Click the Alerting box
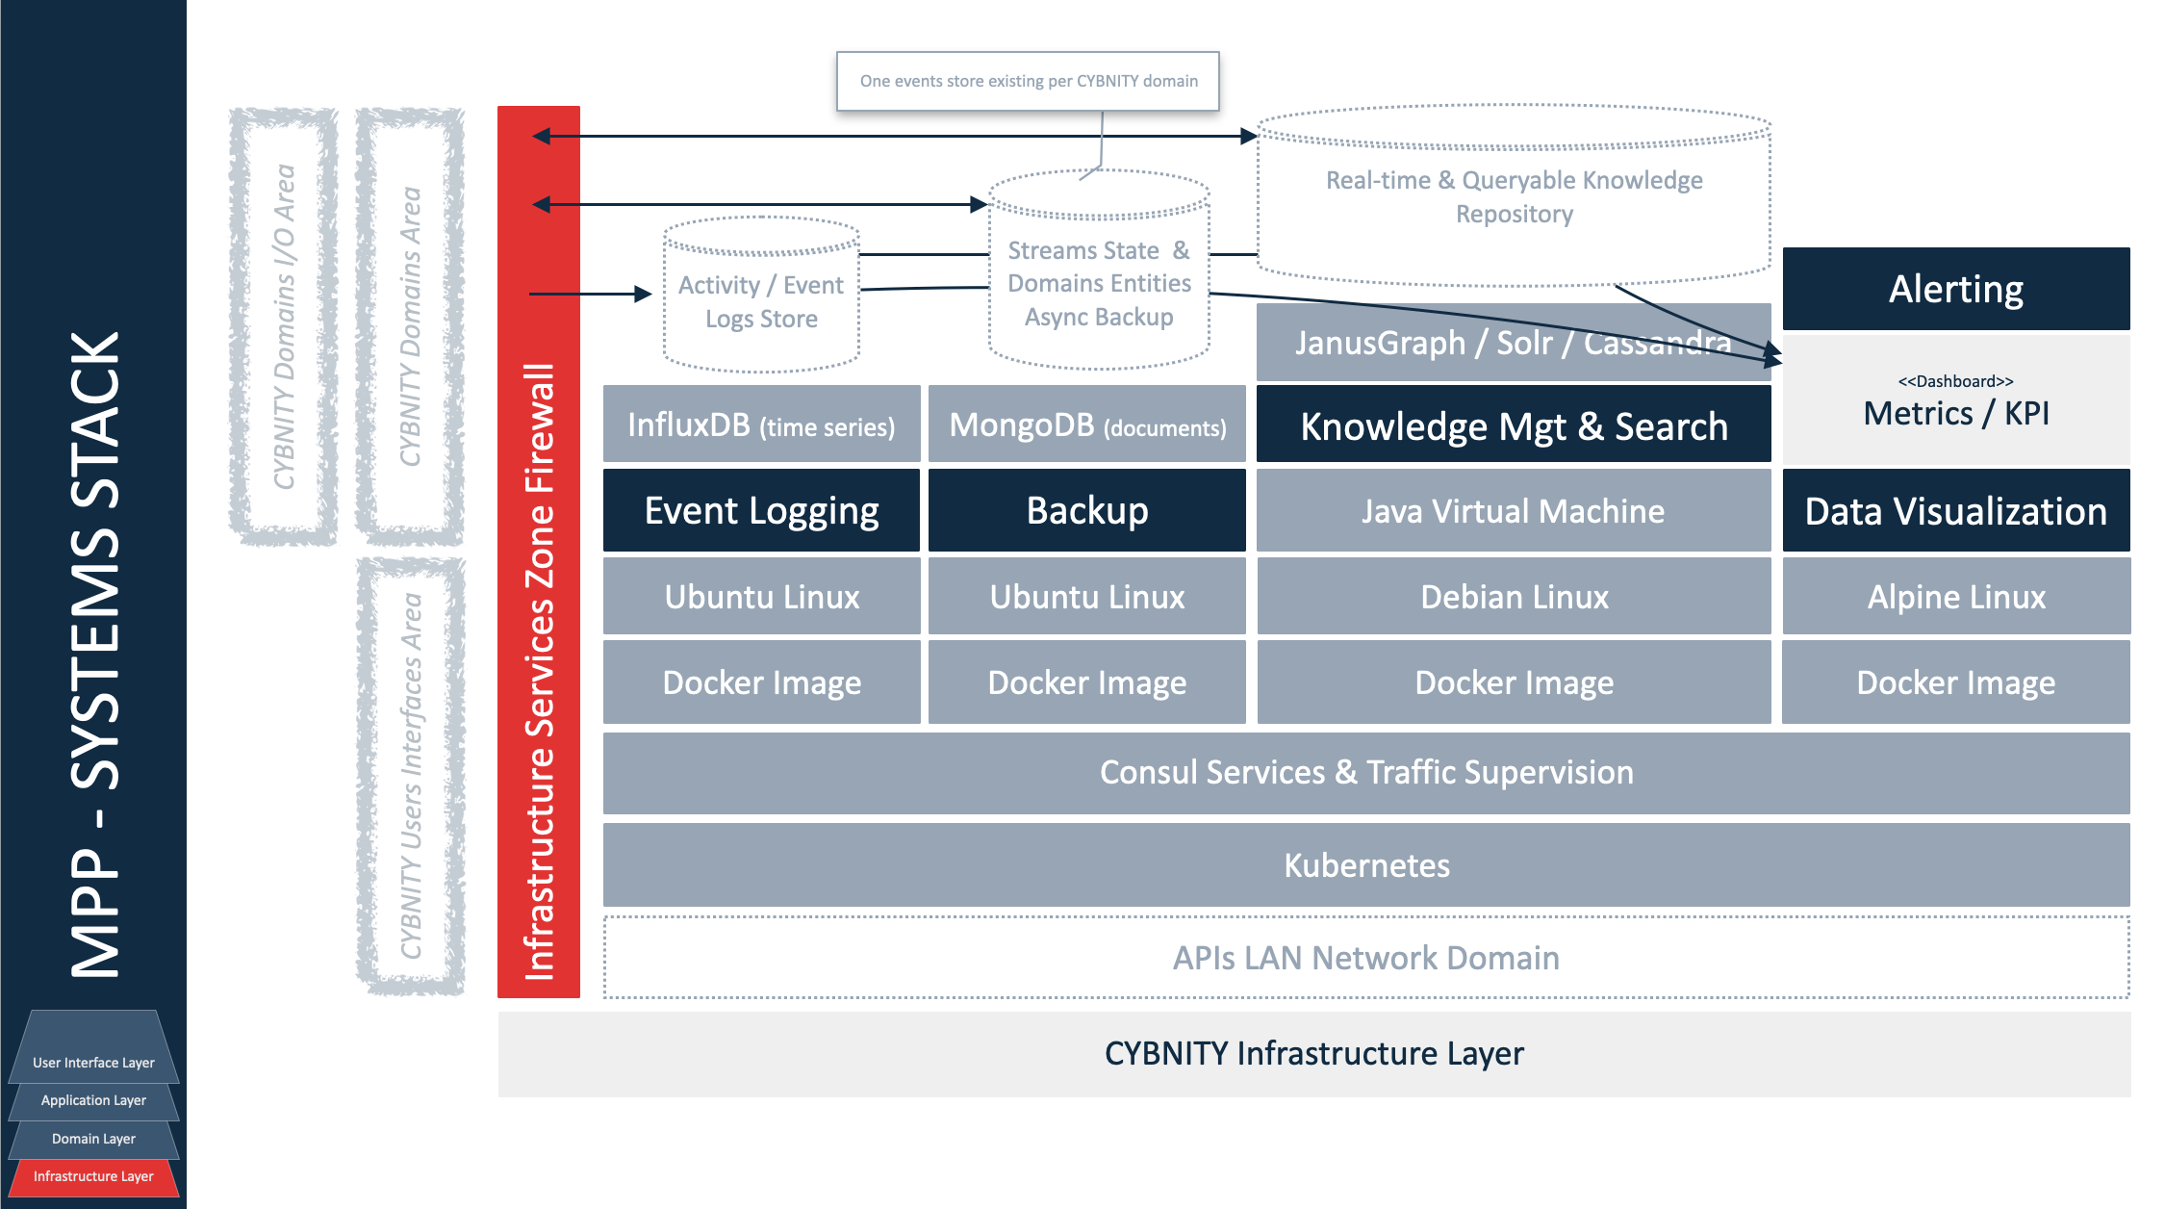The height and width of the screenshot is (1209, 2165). point(1955,289)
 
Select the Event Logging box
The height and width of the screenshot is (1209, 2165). point(761,510)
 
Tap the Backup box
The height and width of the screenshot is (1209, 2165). point(1086,510)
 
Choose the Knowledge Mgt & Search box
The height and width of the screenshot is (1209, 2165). point(1514,425)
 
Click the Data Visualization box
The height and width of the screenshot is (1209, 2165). point(1955,511)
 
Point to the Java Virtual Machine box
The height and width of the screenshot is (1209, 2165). point(1513,511)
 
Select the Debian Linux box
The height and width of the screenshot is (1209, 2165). point(1514,597)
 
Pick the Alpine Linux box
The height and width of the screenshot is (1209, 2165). point(1955,597)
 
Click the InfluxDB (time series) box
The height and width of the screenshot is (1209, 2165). point(761,424)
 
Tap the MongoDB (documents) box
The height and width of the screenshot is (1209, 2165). point(1086,424)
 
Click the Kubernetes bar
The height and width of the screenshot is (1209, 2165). point(1366,865)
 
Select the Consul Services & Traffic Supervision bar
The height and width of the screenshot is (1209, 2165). point(1366,772)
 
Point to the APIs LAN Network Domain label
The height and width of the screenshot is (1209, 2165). point(1366,958)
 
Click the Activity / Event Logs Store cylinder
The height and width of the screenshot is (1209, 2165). point(761,301)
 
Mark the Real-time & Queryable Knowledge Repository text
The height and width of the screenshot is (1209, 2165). point(1514,196)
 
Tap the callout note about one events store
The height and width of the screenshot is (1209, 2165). point(1028,81)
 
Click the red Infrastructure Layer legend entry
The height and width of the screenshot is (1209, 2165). point(93,1176)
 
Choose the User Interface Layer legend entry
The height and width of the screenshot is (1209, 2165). point(93,1063)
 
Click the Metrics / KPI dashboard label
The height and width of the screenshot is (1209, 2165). point(1955,412)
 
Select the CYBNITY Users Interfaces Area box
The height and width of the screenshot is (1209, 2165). point(411,776)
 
